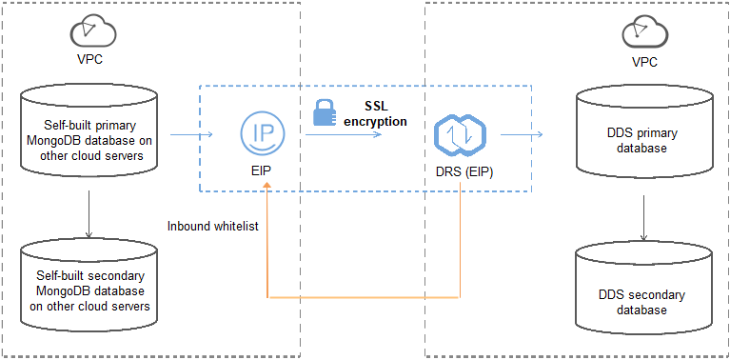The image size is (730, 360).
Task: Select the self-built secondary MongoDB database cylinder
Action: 88,283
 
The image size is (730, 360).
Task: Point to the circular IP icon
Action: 260,132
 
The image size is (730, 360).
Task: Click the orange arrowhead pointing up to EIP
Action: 269,190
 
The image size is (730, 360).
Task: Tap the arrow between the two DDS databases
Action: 645,218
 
